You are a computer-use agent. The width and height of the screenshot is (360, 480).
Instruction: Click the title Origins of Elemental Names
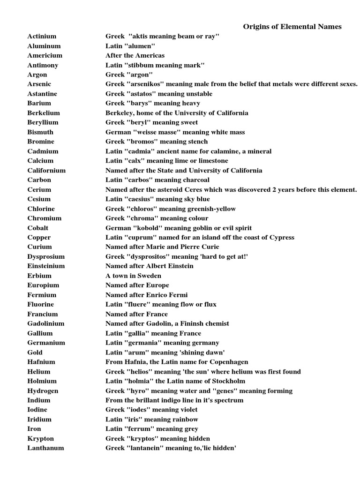point(292,27)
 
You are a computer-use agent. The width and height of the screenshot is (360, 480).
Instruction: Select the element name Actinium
point(42,36)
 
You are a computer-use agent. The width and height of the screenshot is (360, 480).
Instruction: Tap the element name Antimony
point(43,65)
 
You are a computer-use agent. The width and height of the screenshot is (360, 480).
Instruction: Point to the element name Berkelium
point(44,113)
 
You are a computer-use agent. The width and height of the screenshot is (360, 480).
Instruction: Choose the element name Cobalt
point(38,228)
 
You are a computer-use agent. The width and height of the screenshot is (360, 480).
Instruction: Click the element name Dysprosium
point(46,257)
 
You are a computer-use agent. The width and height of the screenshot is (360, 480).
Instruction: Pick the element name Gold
point(35,352)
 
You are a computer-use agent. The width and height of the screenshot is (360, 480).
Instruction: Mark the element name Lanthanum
point(45,448)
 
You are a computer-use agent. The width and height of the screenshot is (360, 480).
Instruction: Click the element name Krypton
point(41,439)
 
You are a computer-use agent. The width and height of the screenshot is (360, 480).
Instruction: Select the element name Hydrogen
point(43,391)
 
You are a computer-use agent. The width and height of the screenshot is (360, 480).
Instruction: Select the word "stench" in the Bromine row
point(197,142)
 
